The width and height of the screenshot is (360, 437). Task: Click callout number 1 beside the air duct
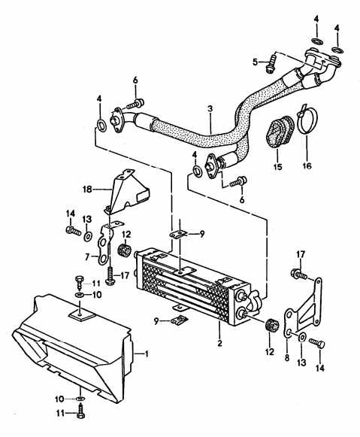pyautogui.click(x=147, y=354)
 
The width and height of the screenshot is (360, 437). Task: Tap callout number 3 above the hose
pyautogui.click(x=211, y=108)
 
